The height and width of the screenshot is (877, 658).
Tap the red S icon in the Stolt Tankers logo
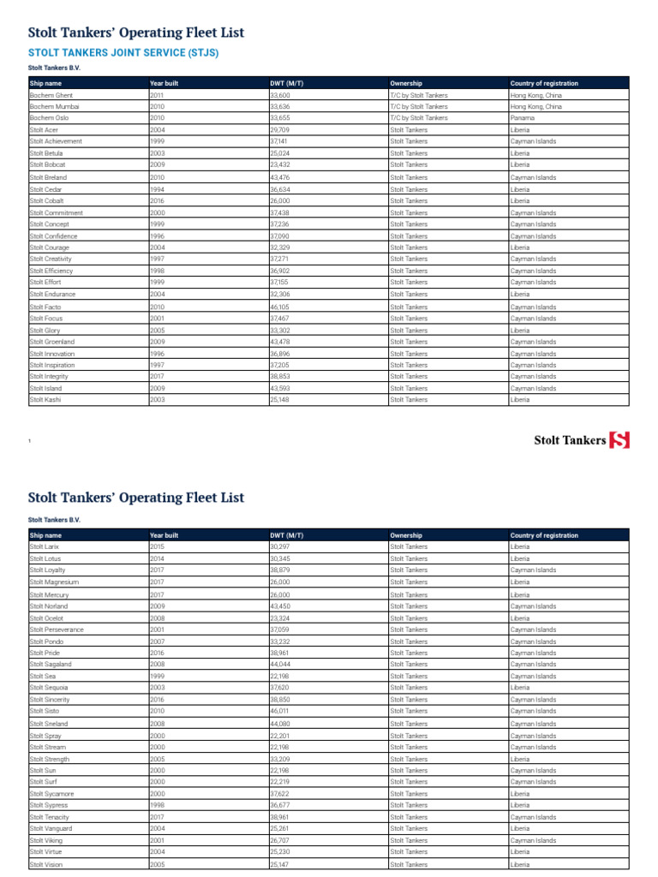(619, 440)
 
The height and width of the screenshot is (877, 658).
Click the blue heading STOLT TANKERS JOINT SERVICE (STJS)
(123, 52)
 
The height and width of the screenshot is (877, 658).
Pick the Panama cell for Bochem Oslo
(523, 118)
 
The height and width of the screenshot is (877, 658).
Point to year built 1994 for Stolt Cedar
(157, 189)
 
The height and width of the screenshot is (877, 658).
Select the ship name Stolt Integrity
(49, 376)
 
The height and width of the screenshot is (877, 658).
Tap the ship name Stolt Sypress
(49, 805)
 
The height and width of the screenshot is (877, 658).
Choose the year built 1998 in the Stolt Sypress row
(157, 805)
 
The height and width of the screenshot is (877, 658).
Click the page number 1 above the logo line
(29, 441)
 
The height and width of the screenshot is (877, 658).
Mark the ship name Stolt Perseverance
(57, 629)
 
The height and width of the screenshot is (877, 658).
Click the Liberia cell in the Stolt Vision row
(520, 864)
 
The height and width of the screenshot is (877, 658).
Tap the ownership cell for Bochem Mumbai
(418, 107)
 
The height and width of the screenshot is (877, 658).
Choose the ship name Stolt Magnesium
(54, 582)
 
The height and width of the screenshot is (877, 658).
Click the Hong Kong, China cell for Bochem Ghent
(536, 95)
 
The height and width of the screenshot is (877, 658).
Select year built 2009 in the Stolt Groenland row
(157, 342)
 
